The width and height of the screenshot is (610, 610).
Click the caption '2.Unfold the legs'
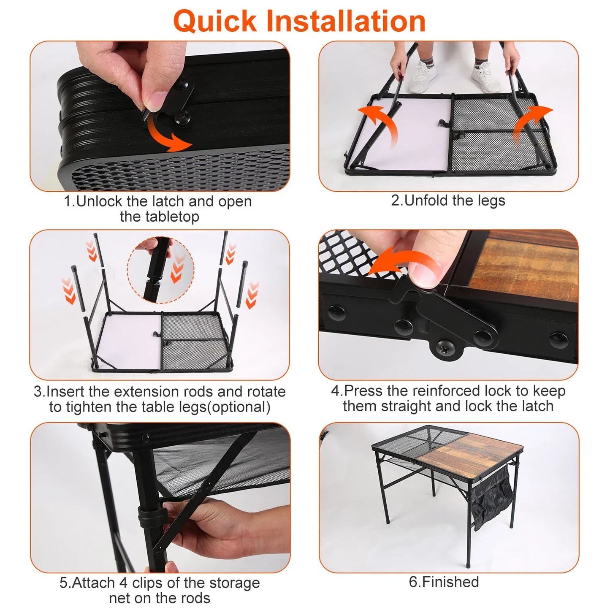(448, 200)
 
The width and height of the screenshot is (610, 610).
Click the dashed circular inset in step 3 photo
(160, 270)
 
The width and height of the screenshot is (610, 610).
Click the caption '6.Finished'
(444, 582)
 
